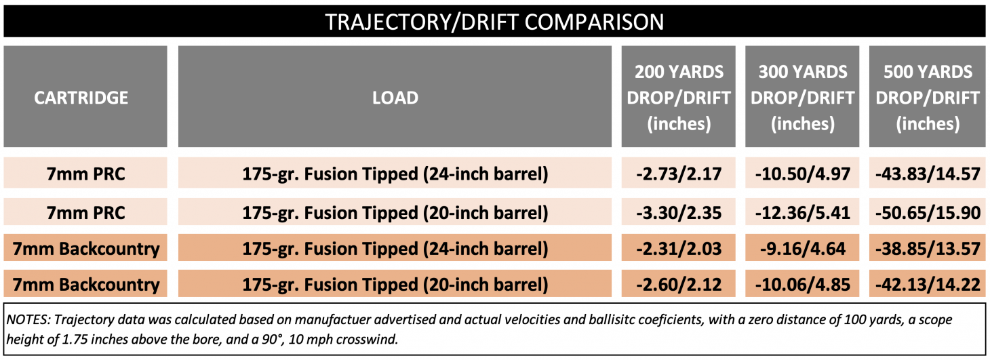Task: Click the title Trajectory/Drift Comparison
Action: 494,21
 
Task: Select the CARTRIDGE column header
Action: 81,98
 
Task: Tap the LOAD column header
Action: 395,98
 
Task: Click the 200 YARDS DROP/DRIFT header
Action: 679,98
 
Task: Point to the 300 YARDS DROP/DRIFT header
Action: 803,98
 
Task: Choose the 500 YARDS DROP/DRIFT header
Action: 928,98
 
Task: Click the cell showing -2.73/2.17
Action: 679,174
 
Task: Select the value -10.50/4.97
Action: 803,174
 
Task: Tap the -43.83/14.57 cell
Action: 928,174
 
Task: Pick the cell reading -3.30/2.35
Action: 679,213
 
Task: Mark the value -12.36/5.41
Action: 803,213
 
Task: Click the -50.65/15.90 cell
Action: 928,213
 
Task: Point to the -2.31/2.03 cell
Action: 679,249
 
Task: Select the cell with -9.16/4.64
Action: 803,249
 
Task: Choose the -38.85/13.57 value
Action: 928,249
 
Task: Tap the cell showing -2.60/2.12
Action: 679,284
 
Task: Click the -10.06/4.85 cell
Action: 803,284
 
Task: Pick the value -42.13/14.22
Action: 928,284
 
